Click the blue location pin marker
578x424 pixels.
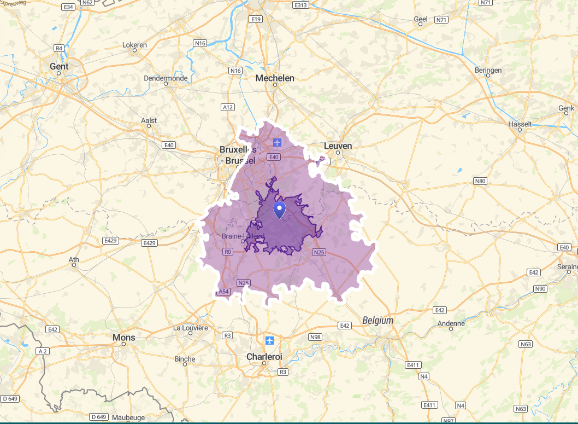279,210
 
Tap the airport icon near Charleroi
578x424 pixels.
269,340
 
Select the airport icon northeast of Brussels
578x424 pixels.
278,143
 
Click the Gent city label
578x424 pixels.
59,66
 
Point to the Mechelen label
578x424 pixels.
275,78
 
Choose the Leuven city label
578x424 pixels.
338,146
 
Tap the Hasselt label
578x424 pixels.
520,124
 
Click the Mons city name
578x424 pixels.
123,337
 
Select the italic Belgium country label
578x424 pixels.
378,321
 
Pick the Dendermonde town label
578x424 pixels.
166,78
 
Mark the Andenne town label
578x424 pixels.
451,323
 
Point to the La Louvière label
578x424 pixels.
191,328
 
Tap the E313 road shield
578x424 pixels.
300,5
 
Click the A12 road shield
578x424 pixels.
228,107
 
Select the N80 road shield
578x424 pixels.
480,181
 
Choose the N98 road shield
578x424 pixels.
315,337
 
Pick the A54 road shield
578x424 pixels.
223,292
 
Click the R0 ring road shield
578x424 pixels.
228,252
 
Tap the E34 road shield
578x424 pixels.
68,7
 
